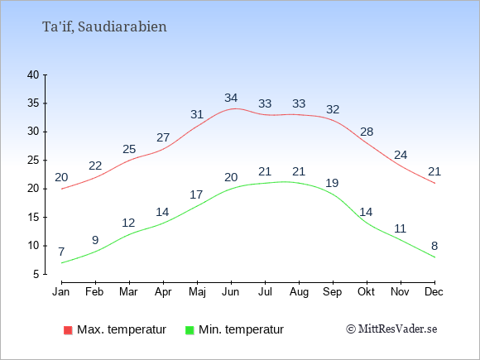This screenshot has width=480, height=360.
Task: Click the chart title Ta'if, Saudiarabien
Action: point(104,27)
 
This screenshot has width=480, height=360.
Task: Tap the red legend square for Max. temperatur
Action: point(68,330)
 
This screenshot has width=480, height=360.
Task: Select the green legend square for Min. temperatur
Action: point(190,330)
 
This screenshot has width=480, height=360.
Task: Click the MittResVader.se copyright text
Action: point(391,329)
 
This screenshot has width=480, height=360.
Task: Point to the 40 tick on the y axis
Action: point(33,75)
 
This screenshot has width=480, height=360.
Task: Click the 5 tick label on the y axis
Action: point(36,274)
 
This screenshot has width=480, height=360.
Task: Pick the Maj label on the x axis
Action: point(197,292)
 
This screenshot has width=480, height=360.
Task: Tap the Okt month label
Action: point(366,292)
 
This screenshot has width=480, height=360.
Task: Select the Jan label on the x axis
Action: point(61,292)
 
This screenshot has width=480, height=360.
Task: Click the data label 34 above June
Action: point(231,98)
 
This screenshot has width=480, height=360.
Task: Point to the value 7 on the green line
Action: point(61,252)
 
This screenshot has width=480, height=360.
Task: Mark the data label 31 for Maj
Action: point(197,114)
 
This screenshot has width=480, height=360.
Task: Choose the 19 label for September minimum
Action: point(332,183)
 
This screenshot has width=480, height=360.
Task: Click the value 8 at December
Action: point(434,246)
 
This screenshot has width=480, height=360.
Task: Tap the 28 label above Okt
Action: point(367,132)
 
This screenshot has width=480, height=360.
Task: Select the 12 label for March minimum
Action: point(128,223)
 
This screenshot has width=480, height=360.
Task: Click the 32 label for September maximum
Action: point(333,109)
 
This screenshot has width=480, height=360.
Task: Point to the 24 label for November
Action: point(401,156)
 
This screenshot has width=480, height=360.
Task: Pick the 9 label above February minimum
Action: point(95,240)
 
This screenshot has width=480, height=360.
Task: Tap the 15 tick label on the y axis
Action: point(33,218)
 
